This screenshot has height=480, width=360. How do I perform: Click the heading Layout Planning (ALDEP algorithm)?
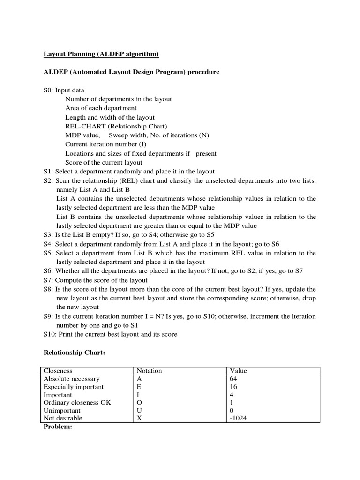tap(101, 55)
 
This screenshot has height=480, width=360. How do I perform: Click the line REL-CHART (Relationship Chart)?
tap(116, 127)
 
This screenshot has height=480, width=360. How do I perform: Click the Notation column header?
tap(149, 371)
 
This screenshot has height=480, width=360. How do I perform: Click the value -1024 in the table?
tap(239, 418)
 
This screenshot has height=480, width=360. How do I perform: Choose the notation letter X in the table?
tap(139, 418)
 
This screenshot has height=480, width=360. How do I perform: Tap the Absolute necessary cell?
tap(71, 379)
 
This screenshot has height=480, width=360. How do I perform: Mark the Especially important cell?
tap(74, 387)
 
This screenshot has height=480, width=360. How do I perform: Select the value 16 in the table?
tap(234, 387)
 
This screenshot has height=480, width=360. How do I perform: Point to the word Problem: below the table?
tap(57, 427)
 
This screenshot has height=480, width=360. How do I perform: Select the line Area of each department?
tap(101, 108)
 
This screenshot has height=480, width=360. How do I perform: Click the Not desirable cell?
tap(63, 418)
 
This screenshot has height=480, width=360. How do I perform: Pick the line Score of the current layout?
tap(104, 163)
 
